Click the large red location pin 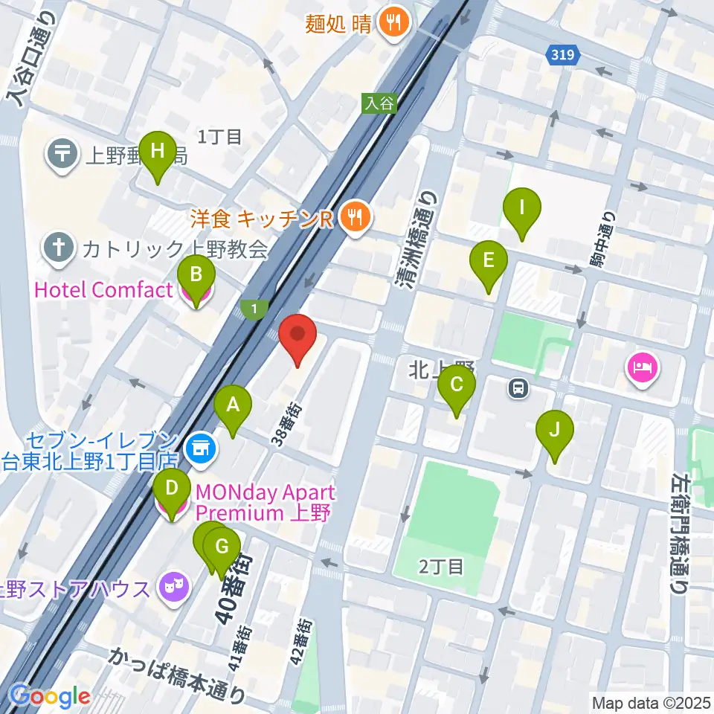[x=297, y=337]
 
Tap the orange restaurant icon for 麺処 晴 [x=392, y=24]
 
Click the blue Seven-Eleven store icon [x=199, y=448]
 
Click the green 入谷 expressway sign [x=380, y=103]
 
